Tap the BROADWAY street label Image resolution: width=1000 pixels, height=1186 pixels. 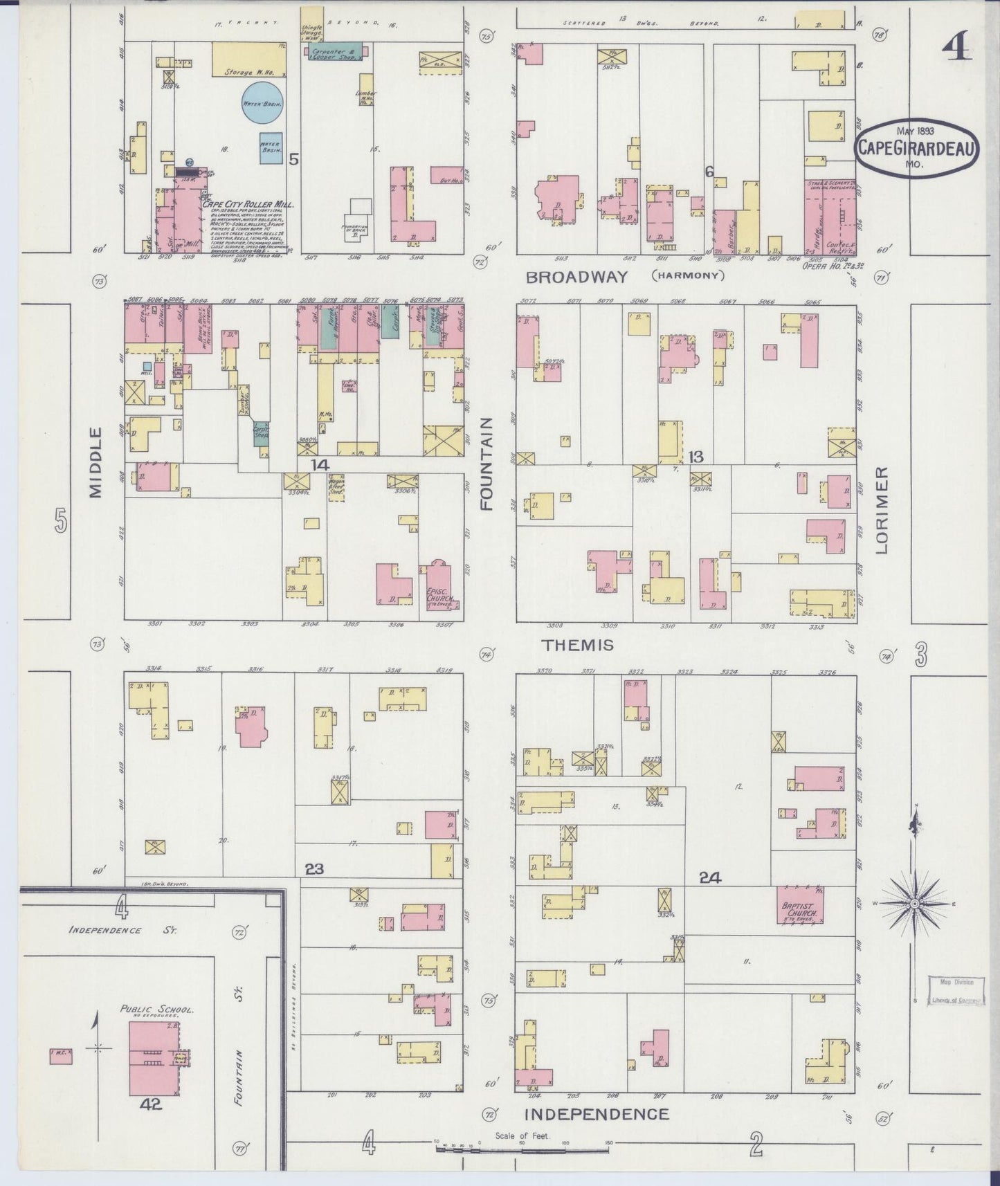pos(576,277)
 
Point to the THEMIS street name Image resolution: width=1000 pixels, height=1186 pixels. pos(578,646)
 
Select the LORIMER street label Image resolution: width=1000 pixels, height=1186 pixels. pos(881,510)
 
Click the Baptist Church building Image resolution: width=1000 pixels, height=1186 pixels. pos(800,904)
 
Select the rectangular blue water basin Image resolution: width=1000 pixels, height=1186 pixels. pos(271,147)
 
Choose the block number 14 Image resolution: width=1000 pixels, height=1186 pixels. pos(320,465)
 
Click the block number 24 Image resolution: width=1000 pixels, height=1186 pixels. pos(710,877)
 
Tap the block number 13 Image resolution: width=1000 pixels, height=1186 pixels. pos(696,456)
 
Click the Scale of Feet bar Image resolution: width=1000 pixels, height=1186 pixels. pos(522,1147)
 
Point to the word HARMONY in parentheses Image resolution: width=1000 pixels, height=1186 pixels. pos(687,276)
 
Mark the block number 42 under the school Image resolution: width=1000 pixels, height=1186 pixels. pos(151,1105)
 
